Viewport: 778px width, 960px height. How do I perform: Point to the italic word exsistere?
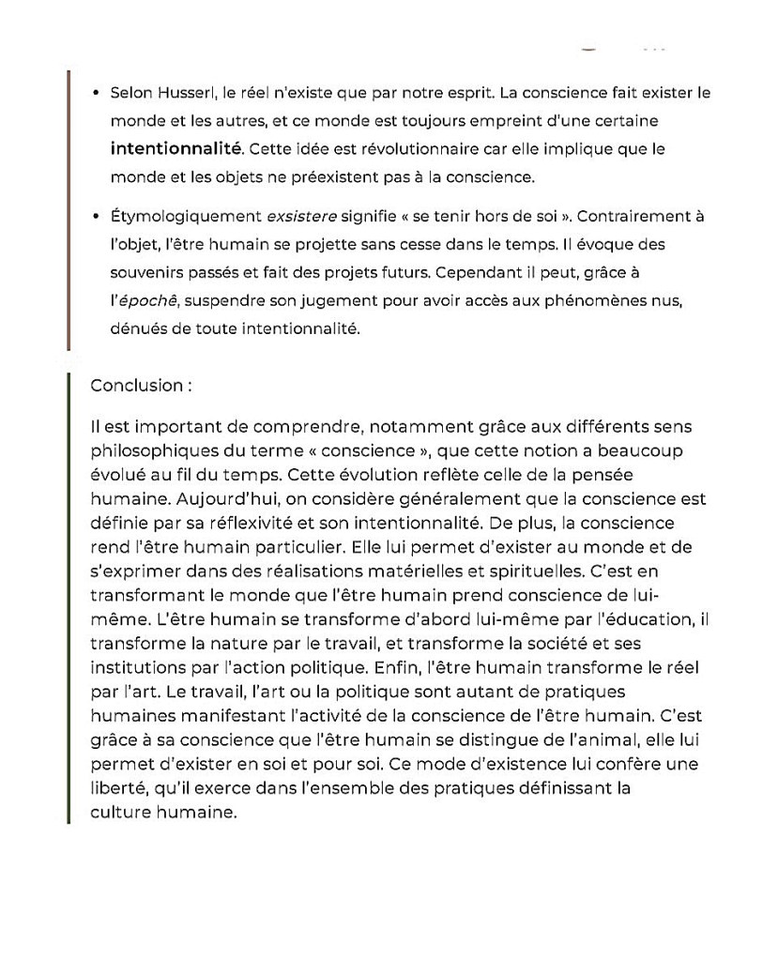[x=301, y=216]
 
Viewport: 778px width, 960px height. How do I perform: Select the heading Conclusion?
[x=134, y=385]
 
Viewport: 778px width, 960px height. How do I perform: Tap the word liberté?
[x=115, y=788]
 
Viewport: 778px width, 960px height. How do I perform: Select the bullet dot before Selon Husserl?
[x=97, y=94]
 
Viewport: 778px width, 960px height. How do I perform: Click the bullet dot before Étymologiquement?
[x=97, y=217]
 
